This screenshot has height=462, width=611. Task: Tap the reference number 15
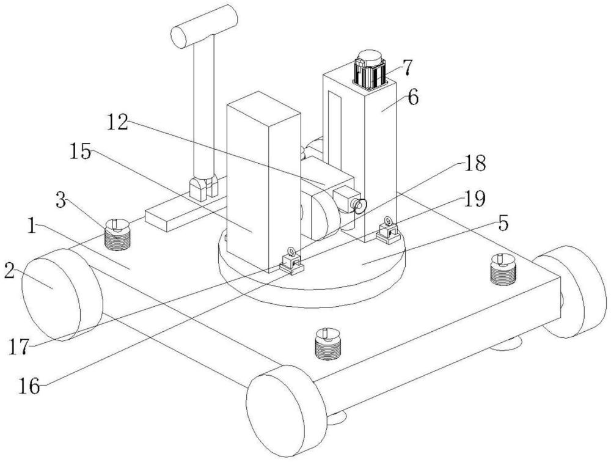click(80, 151)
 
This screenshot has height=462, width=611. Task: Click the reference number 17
click(19, 346)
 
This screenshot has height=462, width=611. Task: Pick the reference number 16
click(29, 386)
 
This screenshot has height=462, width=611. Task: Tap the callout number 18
click(475, 163)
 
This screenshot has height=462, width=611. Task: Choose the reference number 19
click(475, 199)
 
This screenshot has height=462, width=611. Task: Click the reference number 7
click(407, 67)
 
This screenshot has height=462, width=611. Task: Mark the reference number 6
click(414, 97)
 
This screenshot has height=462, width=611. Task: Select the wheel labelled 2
click(62, 293)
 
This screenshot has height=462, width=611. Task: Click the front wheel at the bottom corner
click(287, 416)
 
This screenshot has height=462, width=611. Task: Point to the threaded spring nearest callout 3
click(117, 235)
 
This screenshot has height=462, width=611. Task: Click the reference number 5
click(503, 224)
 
